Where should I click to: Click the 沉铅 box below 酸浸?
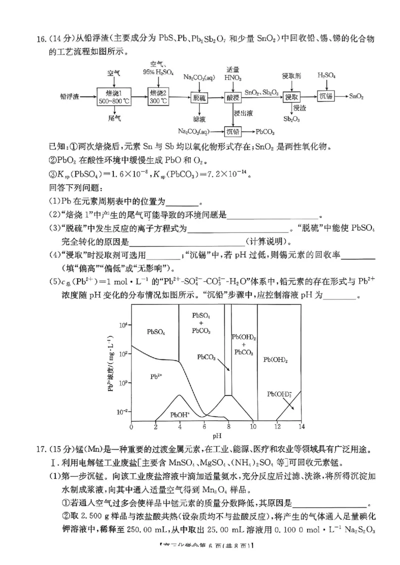233,132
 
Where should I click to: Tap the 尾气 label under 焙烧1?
114,118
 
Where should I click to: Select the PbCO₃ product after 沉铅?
265,132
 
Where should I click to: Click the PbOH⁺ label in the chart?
180,414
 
